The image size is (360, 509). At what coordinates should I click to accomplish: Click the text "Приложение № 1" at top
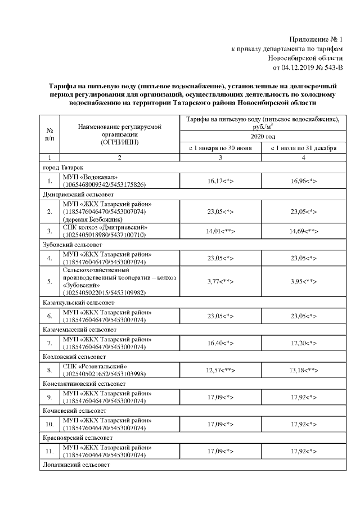click(315, 39)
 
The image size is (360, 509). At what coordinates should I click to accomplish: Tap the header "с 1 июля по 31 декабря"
click(304, 148)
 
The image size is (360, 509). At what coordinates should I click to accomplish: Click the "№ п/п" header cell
click(49, 134)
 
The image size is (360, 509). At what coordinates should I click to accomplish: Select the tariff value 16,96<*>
click(304, 181)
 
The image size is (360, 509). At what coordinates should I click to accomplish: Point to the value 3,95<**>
click(304, 281)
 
